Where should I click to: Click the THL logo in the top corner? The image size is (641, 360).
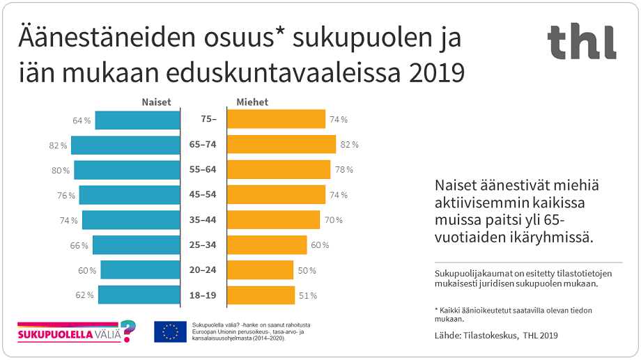[581, 42]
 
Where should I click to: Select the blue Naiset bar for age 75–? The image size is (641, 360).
[137, 120]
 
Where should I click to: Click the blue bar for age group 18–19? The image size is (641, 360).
[139, 295]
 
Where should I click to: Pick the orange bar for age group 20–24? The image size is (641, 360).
[261, 270]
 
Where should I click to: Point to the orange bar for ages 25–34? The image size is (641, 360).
[268, 245]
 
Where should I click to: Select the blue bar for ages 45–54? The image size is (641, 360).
[130, 195]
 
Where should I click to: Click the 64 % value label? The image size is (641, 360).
[82, 120]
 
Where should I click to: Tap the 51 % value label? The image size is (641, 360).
[308, 296]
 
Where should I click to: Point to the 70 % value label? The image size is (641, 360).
[333, 221]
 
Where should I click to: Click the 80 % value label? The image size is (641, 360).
[61, 171]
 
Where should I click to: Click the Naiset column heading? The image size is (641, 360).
[156, 102]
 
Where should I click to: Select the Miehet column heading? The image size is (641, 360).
[252, 102]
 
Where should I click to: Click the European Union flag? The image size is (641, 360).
[170, 331]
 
